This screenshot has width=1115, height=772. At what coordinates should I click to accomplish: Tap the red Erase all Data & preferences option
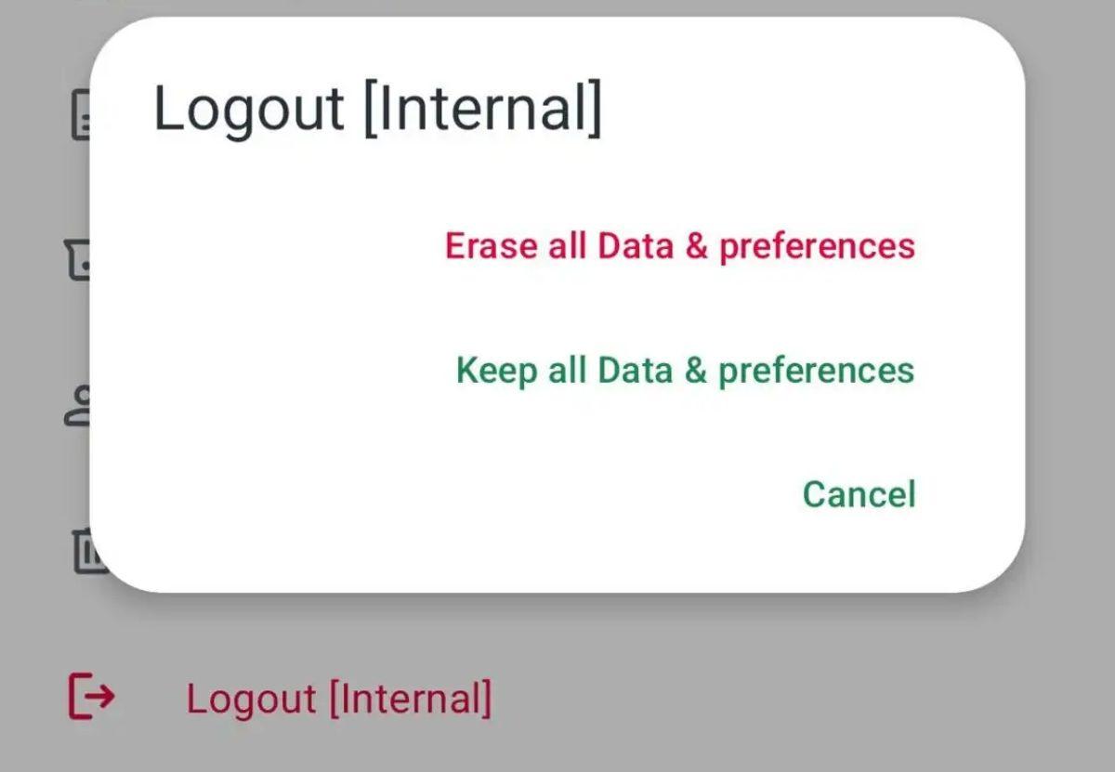tap(680, 246)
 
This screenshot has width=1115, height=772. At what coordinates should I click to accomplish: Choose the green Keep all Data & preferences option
tap(686, 371)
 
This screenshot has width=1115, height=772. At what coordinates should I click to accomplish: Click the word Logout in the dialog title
tap(248, 110)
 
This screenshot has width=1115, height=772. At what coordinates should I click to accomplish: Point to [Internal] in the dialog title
tap(483, 108)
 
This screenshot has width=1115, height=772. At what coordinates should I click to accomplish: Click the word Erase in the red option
tap(491, 246)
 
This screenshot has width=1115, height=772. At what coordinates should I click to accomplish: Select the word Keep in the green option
tap(497, 372)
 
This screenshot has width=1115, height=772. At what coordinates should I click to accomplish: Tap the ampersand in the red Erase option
tap(696, 246)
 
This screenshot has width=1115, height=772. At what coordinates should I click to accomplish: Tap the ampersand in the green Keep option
tap(696, 371)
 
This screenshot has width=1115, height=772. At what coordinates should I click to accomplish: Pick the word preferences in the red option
tap(818, 247)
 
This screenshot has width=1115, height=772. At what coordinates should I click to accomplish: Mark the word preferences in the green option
tap(817, 372)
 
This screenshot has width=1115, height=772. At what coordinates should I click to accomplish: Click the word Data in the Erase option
tap(636, 246)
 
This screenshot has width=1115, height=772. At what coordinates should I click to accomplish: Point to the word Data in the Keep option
tap(636, 371)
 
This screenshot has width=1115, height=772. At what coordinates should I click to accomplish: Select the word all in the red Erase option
tap(567, 245)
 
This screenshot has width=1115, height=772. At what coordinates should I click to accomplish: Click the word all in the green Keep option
tap(567, 370)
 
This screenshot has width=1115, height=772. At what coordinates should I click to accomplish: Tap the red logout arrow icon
tap(92, 696)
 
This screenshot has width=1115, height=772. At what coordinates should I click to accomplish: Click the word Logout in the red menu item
tap(252, 700)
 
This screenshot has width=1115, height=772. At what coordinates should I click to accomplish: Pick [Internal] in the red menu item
tap(411, 698)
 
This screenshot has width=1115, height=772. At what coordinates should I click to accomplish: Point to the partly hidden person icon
tap(78, 406)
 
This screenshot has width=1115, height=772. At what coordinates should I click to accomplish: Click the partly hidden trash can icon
tap(88, 551)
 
